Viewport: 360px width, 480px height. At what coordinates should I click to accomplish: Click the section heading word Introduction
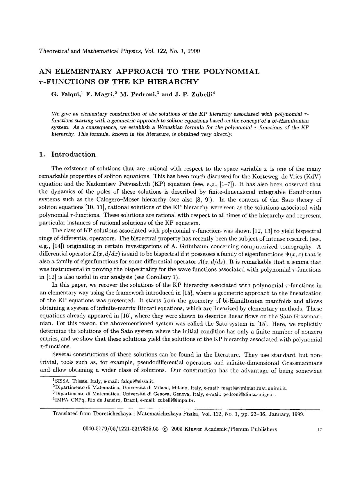tap(73, 154)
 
